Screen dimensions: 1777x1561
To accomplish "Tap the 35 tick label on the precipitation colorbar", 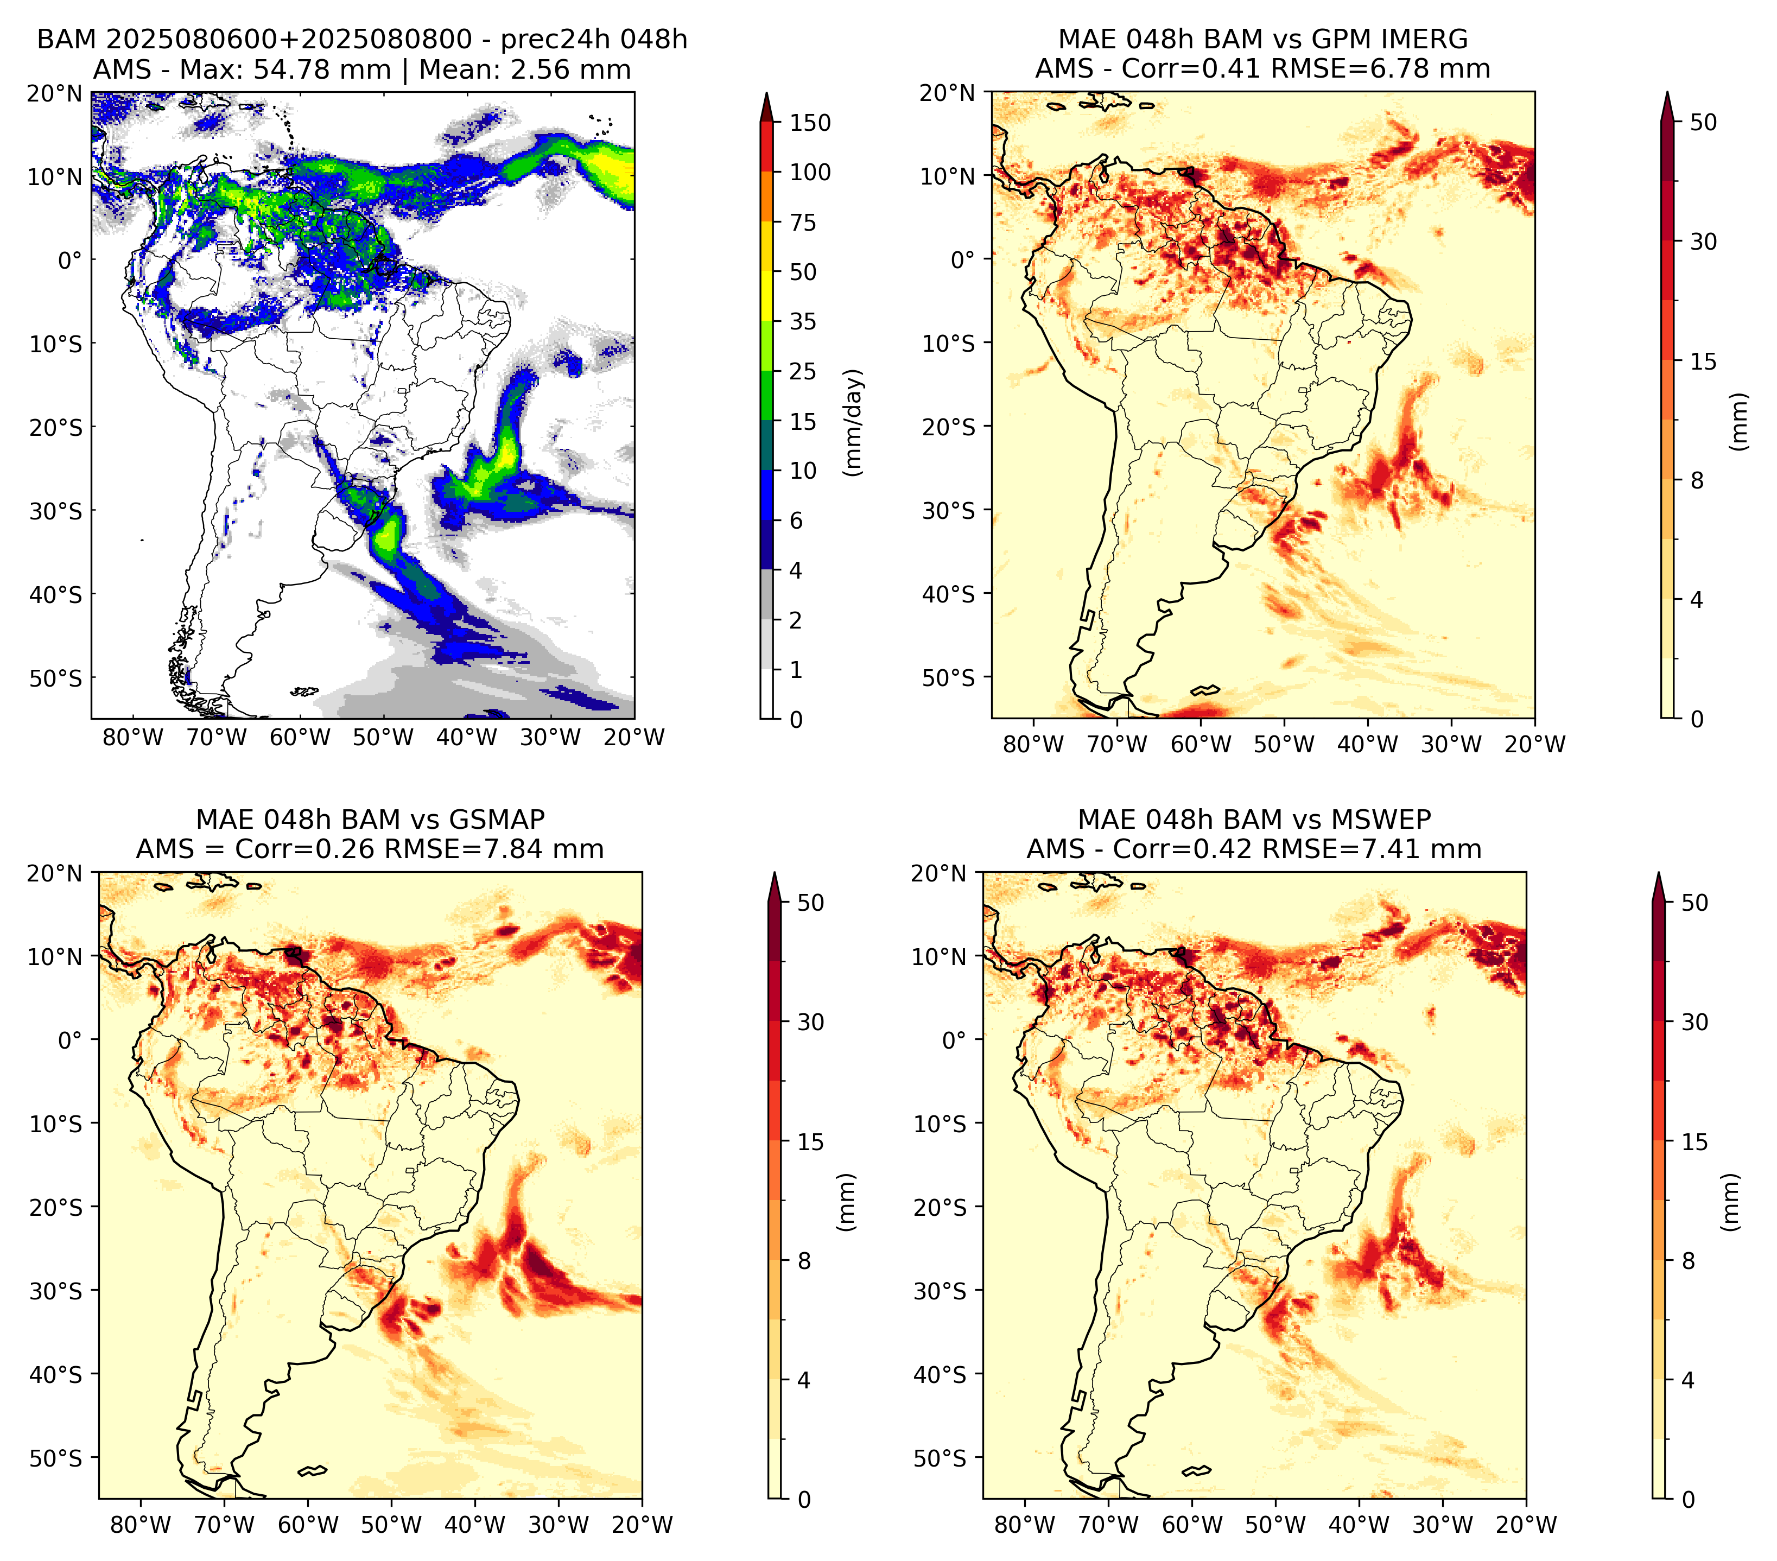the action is [802, 321].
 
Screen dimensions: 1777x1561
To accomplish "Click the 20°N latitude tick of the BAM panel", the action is [55, 93].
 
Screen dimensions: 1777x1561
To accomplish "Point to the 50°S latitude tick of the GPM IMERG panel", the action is [949, 677].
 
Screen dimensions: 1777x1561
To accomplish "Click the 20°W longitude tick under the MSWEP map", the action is [1526, 1525].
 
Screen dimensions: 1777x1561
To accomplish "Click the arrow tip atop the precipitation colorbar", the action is [766, 92].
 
